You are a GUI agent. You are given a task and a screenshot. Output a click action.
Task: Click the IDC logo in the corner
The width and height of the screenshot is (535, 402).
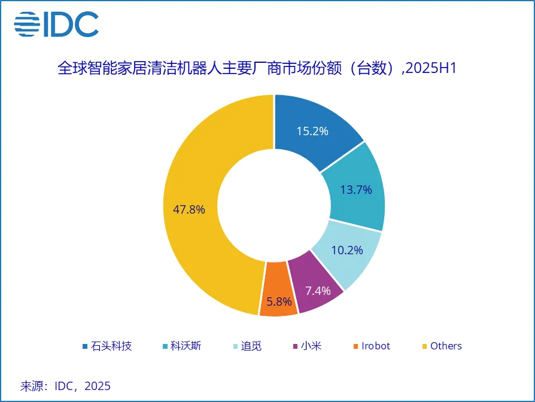56,24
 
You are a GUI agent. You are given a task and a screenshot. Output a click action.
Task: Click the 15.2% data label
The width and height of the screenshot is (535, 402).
312,131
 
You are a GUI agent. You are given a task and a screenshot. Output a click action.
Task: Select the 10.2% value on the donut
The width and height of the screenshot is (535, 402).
346,250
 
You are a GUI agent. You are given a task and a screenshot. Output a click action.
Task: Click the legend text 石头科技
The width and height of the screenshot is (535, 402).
111,346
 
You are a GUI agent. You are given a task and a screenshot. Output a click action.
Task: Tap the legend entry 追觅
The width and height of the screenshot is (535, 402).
252,346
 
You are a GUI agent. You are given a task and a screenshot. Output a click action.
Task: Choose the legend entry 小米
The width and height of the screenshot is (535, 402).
311,346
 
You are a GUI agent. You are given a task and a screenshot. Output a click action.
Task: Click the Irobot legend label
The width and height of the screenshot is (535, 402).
375,346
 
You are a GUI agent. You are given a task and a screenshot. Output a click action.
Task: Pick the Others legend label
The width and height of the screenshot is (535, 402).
446,346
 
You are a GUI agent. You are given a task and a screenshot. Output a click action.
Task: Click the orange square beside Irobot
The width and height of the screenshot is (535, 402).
356,346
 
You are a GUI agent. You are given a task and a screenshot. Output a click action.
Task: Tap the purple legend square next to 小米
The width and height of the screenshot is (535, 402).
295,346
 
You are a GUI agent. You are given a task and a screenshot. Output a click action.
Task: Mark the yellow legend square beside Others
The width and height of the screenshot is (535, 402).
425,346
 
